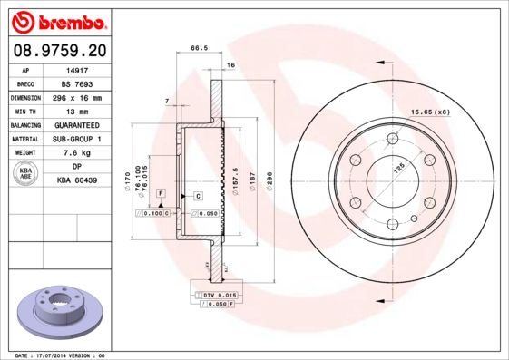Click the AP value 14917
coord(77,70)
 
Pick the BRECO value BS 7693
coord(77,83)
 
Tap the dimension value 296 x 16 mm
coord(77,97)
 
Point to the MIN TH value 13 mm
coord(77,111)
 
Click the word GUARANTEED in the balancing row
coord(77,125)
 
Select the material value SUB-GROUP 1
coord(77,139)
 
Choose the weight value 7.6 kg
coord(77,153)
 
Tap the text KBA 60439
coord(77,181)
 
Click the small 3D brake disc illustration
coord(60,313)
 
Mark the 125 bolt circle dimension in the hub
coord(398,167)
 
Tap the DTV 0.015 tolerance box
coord(219,296)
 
